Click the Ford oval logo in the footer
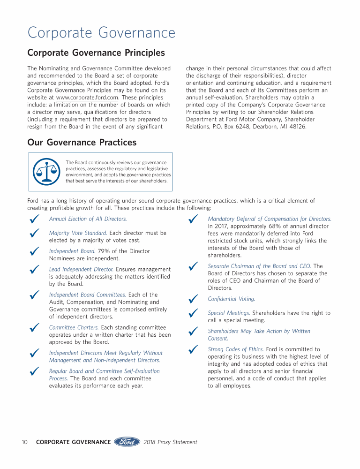127,442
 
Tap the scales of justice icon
46,171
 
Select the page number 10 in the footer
25,442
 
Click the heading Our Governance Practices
82,142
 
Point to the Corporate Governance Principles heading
96,53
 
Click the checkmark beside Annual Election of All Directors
33,219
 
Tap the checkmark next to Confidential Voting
192,299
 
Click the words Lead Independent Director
81,269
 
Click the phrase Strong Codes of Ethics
236,349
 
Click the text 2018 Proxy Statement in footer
170,442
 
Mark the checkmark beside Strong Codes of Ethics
192,349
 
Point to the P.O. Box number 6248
235,127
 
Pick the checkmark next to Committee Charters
33,328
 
